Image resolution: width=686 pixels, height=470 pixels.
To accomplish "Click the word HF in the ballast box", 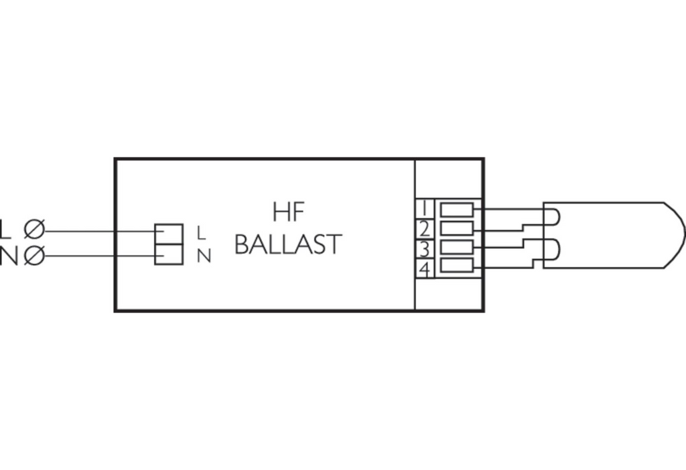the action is [288, 212].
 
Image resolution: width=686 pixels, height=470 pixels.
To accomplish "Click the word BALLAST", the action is [288, 244].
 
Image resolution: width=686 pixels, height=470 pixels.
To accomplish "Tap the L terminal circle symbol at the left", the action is [34, 230].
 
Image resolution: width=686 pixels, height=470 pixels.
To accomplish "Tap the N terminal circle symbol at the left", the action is [34, 256].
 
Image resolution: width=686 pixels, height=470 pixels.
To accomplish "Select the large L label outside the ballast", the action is [5, 230].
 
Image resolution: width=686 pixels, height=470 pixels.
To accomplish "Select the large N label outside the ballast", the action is [8, 256].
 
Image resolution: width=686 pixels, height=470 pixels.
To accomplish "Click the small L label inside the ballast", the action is [201, 232].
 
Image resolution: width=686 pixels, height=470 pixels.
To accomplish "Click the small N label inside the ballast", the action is [204, 256].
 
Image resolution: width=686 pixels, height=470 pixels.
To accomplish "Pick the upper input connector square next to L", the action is [169, 234].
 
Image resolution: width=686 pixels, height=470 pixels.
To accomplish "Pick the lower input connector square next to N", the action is [169, 254].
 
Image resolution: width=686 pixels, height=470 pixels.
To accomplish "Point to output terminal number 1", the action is [424, 208].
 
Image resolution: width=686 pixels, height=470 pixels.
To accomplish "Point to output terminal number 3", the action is [424, 250].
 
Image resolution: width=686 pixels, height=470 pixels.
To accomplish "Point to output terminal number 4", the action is [424, 269].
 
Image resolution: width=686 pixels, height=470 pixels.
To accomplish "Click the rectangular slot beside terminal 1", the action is [457, 210].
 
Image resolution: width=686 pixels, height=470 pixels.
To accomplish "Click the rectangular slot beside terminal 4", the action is [457, 265].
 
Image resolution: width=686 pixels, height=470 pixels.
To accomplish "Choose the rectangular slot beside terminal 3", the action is [457, 247].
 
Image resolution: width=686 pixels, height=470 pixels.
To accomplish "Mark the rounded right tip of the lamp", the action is [684, 235].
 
